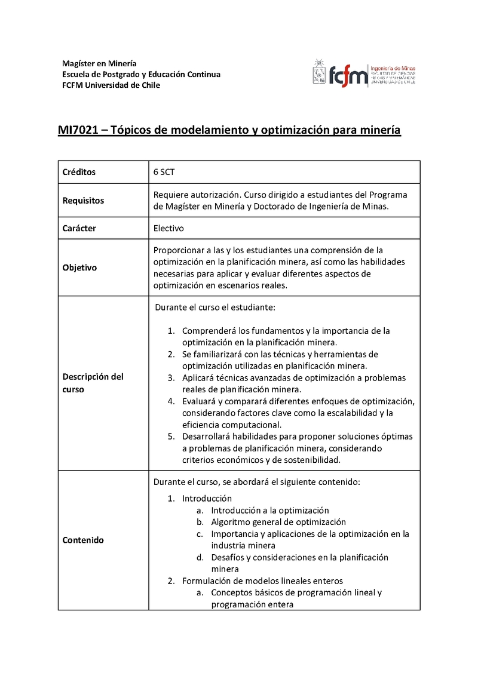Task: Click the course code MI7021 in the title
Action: pyautogui.click(x=78, y=130)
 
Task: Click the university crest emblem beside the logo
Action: pyautogui.click(x=319, y=72)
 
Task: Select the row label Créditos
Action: pyautogui.click(x=79, y=172)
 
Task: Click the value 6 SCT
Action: pyautogui.click(x=164, y=172)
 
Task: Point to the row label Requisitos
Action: pyautogui.click(x=83, y=201)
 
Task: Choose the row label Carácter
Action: pyautogui.click(x=79, y=228)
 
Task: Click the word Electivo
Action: pyautogui.click(x=168, y=228)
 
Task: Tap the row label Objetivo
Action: pyautogui.click(x=79, y=268)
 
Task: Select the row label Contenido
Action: pyautogui.click(x=83, y=540)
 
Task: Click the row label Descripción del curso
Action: pyautogui.click(x=93, y=383)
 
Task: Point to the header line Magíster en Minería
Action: pyautogui.click(x=99, y=63)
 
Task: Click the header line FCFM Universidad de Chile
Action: pyautogui.click(x=111, y=85)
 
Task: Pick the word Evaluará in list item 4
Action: pyautogui.click(x=199, y=401)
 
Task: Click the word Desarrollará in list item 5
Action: pyautogui.click(x=207, y=436)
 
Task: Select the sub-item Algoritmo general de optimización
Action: pyautogui.click(x=278, y=522)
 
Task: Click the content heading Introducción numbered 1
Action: pyautogui.click(x=207, y=499)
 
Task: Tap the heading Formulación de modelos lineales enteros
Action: pyautogui.click(x=262, y=580)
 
